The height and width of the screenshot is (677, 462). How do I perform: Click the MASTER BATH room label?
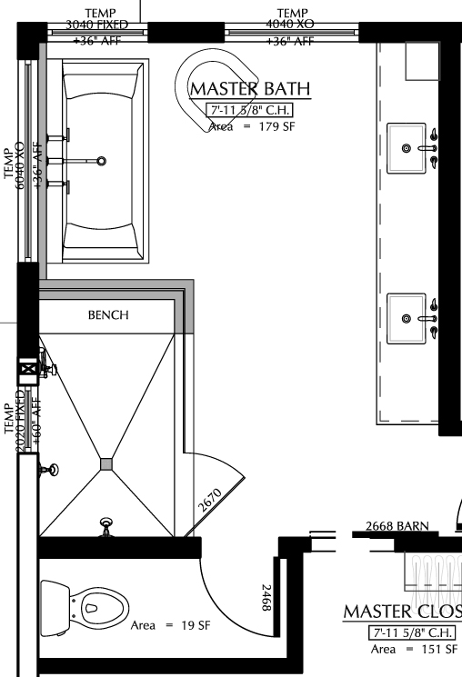point(250,88)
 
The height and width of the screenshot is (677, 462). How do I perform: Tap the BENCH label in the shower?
point(108,315)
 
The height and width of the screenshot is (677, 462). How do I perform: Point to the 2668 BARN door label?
point(397,526)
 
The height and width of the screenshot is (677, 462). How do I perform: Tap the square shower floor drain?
point(107,463)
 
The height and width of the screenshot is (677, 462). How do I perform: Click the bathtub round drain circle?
point(101,161)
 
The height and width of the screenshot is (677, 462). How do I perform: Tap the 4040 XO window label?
point(292,25)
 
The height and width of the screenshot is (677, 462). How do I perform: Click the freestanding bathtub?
point(101,162)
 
